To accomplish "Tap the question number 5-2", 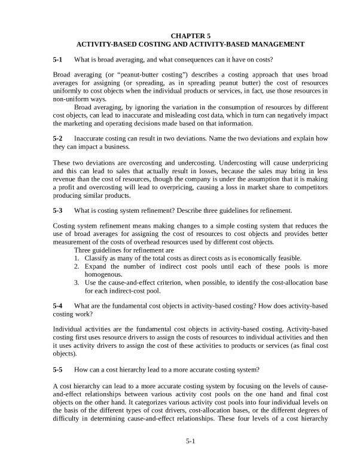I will click(x=57, y=138).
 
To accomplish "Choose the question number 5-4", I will click(x=57, y=306).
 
